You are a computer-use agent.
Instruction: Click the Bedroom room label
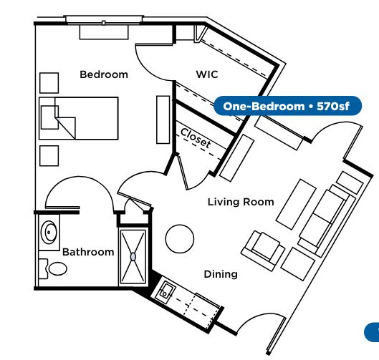coord(104,74)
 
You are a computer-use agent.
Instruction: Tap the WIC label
coord(207,74)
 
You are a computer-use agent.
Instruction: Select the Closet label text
coord(196,138)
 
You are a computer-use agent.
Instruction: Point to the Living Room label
coord(241,202)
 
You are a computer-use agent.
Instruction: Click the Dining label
coord(221,274)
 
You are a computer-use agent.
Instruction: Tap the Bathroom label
coord(88,252)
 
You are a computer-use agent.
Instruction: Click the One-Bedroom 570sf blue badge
coord(287,106)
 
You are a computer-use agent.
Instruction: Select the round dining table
coord(180,239)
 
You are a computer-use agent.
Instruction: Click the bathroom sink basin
coord(49,233)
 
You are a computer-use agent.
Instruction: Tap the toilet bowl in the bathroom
coord(57,268)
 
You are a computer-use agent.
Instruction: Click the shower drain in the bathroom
coord(133,257)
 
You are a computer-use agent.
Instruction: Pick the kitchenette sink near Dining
coord(165,292)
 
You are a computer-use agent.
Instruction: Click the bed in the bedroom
coord(79,118)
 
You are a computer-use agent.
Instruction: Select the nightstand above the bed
coord(49,83)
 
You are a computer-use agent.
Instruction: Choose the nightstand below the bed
coord(49,156)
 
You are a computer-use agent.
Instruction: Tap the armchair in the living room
coord(263,250)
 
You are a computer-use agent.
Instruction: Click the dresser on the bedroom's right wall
coord(163,120)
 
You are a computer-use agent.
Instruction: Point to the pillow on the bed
coord(49,117)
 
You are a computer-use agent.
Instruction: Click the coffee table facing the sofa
coord(296,204)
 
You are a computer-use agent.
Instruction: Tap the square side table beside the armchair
coord(298,264)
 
